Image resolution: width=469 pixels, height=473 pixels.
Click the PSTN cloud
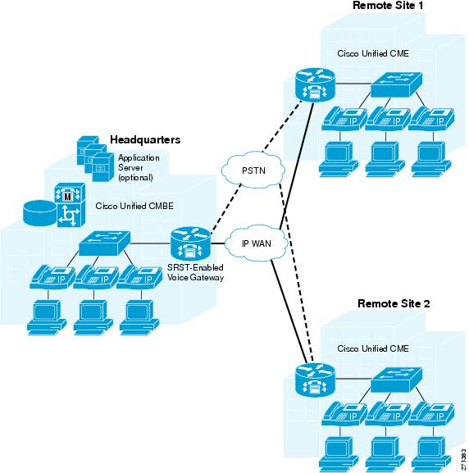coord(253,170)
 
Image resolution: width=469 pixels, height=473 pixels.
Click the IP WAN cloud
coord(257,243)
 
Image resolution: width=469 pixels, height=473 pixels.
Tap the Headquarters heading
coord(145,139)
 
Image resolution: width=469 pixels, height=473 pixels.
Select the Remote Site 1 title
coord(388,5)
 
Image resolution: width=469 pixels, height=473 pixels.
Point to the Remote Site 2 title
coord(394,303)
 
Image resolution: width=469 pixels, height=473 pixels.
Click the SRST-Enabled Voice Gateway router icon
coord(190,243)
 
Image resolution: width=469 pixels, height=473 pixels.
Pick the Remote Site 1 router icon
coord(315,84)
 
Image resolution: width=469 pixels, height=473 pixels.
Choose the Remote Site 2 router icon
coord(315,380)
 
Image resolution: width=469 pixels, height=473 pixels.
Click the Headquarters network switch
coord(104,243)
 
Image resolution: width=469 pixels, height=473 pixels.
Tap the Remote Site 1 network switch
coord(396,84)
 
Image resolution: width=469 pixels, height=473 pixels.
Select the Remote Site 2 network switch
coord(396,380)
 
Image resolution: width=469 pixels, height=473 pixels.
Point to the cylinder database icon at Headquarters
coord(40,213)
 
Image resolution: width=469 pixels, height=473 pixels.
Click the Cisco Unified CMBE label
coord(134,206)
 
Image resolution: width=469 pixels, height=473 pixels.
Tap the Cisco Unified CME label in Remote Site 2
coord(373,348)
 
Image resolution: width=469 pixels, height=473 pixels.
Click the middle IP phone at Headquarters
coord(96,277)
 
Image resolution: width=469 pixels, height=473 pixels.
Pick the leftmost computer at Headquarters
coord(47,317)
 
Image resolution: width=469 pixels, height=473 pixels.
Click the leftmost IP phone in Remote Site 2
coord(344,414)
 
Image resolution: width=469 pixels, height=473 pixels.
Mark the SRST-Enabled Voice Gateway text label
coord(195,272)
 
